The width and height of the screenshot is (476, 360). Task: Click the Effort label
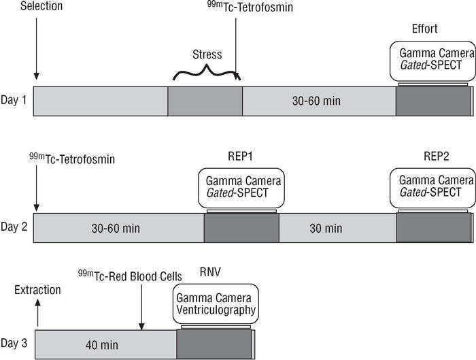tap(425, 29)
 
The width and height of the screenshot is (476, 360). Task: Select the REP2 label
tap(432, 155)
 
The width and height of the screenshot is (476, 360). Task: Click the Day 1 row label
tap(14, 101)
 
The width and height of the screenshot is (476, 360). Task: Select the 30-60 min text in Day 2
tap(116, 228)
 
